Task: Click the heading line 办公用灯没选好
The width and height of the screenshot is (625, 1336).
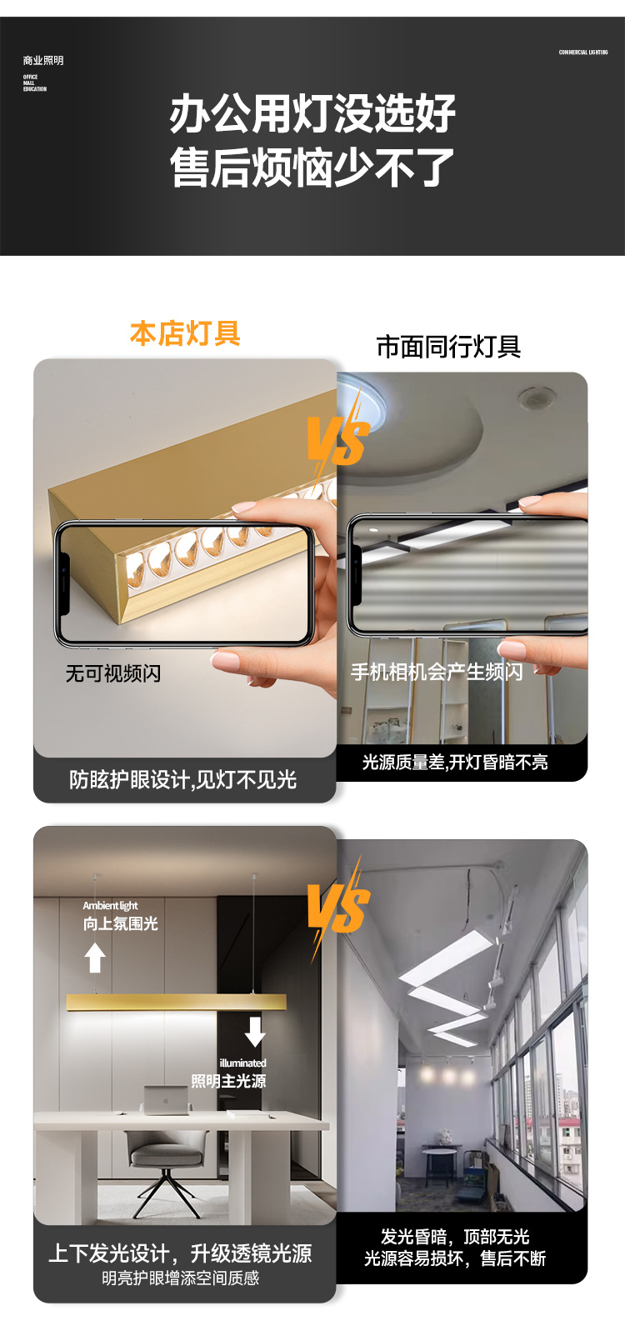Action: click(312, 113)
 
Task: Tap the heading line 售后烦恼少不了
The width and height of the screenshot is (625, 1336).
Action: click(312, 168)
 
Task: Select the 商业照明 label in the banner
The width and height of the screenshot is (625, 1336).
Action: click(43, 61)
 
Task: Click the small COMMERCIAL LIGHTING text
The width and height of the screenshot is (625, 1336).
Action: click(583, 53)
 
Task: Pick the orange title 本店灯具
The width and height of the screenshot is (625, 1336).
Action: click(185, 333)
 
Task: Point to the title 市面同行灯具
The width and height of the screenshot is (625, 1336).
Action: click(448, 347)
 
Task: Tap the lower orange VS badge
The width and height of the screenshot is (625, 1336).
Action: click(337, 908)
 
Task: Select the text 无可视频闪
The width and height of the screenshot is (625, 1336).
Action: click(113, 673)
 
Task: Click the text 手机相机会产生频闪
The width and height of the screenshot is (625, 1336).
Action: click(437, 672)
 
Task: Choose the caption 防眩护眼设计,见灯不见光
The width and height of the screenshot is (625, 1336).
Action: click(183, 780)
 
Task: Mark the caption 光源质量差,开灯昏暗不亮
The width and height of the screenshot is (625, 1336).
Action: click(455, 763)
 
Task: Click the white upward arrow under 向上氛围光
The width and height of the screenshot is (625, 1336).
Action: click(96, 958)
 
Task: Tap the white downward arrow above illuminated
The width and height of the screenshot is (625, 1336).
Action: click(255, 1031)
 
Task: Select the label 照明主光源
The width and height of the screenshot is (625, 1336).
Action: click(228, 1081)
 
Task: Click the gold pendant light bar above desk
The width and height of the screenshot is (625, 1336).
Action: click(176, 1002)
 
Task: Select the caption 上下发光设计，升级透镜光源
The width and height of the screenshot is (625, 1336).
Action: click(180, 1253)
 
